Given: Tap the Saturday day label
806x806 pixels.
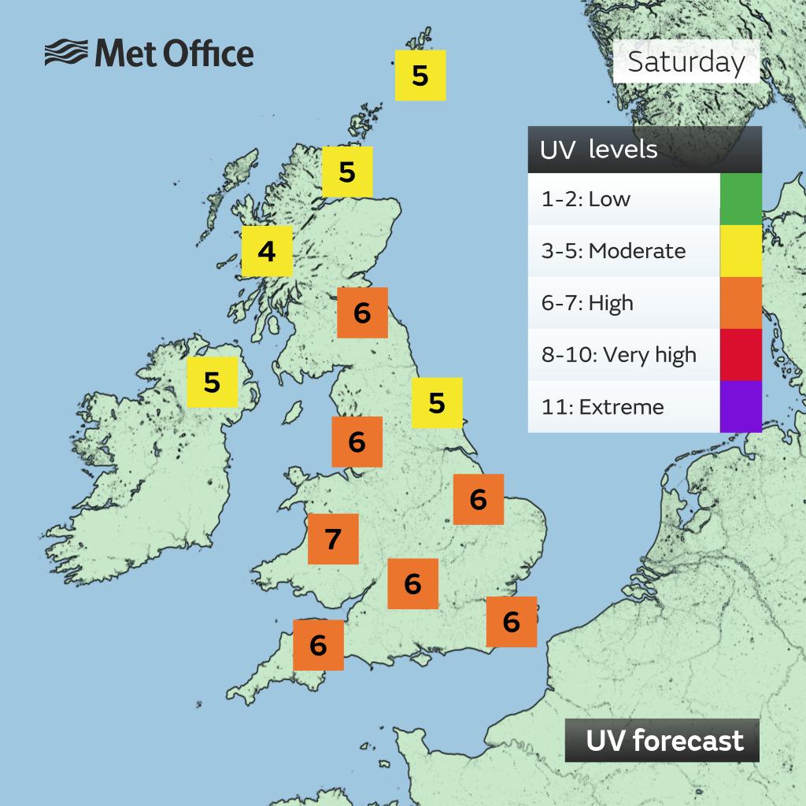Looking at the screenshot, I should [x=686, y=61].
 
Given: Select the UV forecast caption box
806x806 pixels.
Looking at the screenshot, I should [x=662, y=741].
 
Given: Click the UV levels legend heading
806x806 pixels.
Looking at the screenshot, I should [x=598, y=150].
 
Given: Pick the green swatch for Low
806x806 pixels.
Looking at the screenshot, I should [x=740, y=199].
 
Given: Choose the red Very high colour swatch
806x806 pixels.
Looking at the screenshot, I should [x=740, y=354].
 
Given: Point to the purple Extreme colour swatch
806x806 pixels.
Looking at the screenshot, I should [x=740, y=406].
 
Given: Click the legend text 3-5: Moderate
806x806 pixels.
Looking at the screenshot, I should [x=613, y=251].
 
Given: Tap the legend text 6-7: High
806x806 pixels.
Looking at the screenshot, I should [x=587, y=303].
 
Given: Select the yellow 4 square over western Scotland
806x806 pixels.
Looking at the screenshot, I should [x=267, y=252].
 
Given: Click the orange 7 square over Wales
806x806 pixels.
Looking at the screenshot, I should [x=333, y=539].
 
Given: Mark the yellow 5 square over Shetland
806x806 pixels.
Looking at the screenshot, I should [x=420, y=76].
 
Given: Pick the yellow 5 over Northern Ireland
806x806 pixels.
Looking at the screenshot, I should [x=212, y=382].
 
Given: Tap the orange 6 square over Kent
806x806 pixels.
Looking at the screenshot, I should [x=512, y=622].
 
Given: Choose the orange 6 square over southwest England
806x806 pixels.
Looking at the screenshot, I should [x=318, y=645].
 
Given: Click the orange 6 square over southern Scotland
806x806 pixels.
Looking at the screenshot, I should [x=362, y=312].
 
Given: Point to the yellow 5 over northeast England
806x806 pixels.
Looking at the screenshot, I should [x=437, y=403].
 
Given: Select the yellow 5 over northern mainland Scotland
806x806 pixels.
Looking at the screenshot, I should [x=347, y=171].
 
